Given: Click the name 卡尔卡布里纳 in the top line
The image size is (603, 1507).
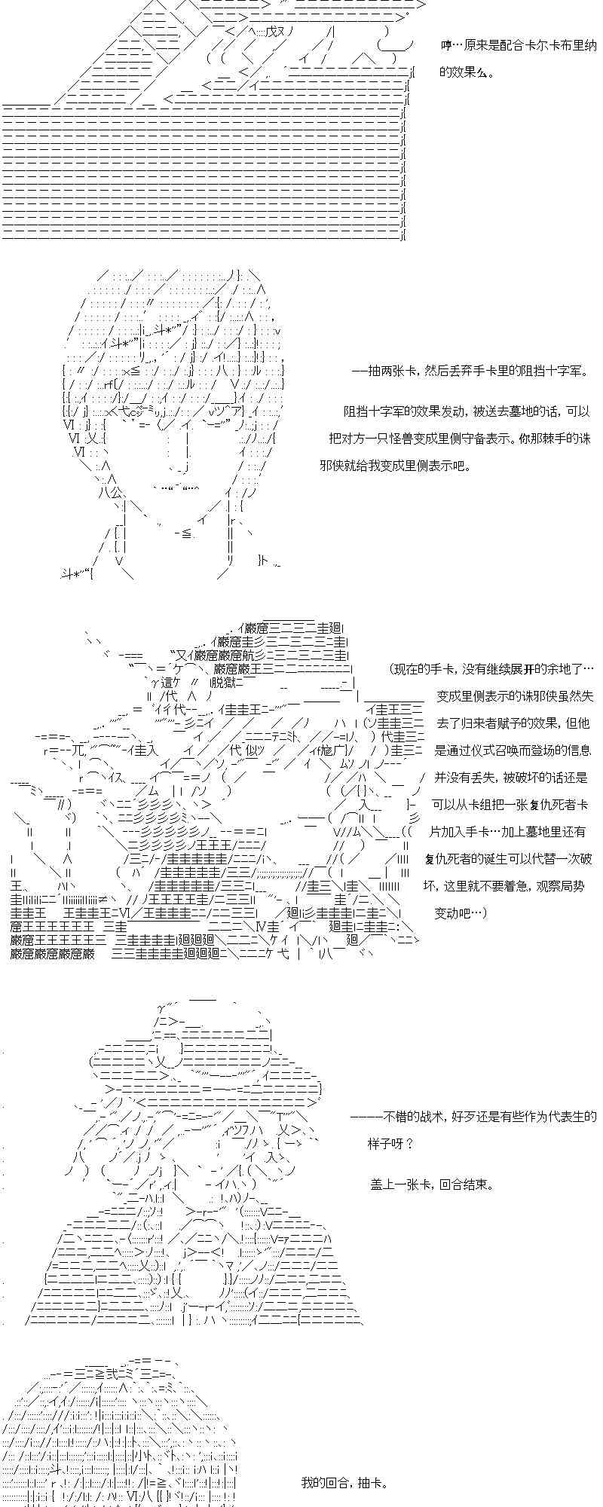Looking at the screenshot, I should click(x=549, y=45).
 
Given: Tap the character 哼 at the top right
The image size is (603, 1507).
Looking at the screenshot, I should click(x=447, y=45).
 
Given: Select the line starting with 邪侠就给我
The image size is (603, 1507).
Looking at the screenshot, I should click(x=394, y=466).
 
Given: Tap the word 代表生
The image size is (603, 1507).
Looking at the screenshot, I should click(x=574, y=1116).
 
